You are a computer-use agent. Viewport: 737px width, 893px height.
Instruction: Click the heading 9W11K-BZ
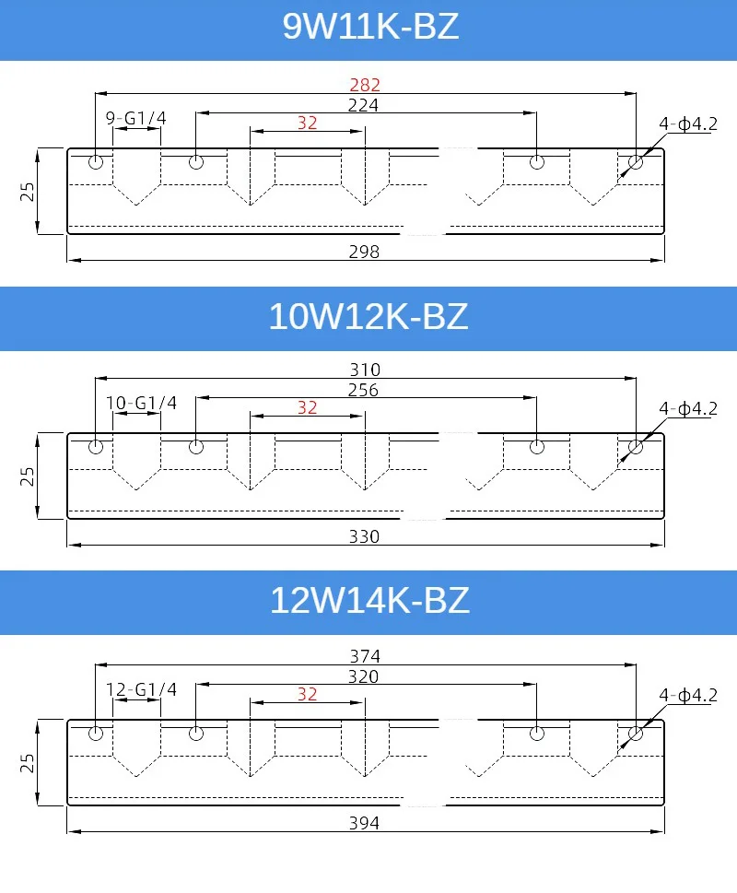click(x=370, y=26)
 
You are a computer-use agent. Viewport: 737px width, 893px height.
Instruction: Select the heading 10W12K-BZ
click(x=368, y=317)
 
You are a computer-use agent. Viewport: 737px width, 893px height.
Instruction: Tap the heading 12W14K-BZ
click(x=370, y=600)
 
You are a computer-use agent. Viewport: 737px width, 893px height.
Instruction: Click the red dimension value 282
click(x=365, y=85)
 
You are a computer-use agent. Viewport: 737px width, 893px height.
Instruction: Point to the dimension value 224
click(x=363, y=105)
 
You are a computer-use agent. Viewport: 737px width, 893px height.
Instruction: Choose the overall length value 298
click(x=364, y=252)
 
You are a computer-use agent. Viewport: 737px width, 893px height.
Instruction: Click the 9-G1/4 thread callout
click(x=136, y=118)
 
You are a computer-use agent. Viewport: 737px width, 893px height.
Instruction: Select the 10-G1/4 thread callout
click(x=141, y=403)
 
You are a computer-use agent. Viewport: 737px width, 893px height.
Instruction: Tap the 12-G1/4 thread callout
click(x=141, y=689)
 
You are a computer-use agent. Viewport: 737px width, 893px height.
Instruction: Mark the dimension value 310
click(x=365, y=370)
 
